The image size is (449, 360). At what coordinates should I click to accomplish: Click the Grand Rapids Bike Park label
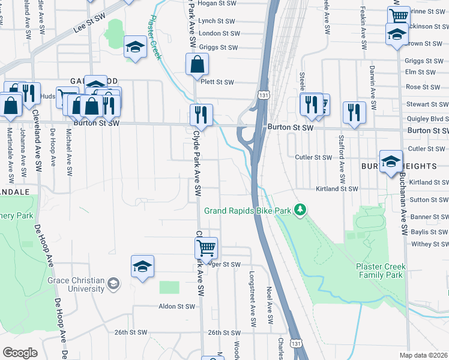[x=251, y=211]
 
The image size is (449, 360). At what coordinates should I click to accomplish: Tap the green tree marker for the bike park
[x=304, y=209]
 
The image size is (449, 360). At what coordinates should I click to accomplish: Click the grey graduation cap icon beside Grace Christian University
[x=113, y=283]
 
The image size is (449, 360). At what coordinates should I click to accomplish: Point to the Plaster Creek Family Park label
[x=381, y=271]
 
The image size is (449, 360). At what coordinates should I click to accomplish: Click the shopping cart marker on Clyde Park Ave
[x=206, y=247]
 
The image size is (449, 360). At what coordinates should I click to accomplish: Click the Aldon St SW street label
[x=176, y=306]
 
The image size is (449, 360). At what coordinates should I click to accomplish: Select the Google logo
[x=20, y=353]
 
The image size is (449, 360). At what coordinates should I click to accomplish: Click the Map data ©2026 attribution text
[x=423, y=355]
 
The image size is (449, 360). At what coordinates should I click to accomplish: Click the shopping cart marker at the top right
[x=398, y=16]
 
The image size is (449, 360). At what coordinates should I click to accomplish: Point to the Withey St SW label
[x=430, y=244]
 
